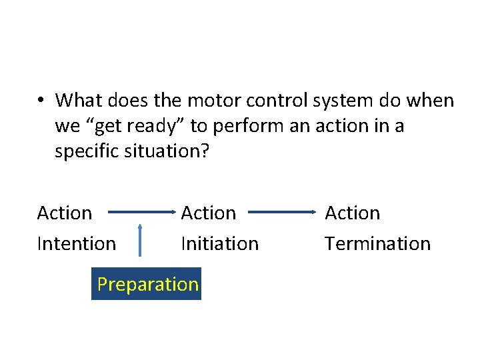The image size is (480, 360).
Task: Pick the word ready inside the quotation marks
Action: pyautogui.click(x=153, y=127)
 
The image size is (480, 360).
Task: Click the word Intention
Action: pyautogui.click(x=76, y=244)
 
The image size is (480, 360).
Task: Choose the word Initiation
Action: pyautogui.click(x=219, y=244)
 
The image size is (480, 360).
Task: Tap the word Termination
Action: pyautogui.click(x=377, y=244)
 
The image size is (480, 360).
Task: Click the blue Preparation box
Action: pyautogui.click(x=147, y=284)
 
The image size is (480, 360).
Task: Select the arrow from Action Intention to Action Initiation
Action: pyautogui.click(x=139, y=213)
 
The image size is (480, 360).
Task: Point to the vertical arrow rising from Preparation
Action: pyautogui.click(x=140, y=241)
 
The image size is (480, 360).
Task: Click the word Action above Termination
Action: pyautogui.click(x=352, y=213)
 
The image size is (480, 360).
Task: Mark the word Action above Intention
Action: pyautogui.click(x=65, y=213)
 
